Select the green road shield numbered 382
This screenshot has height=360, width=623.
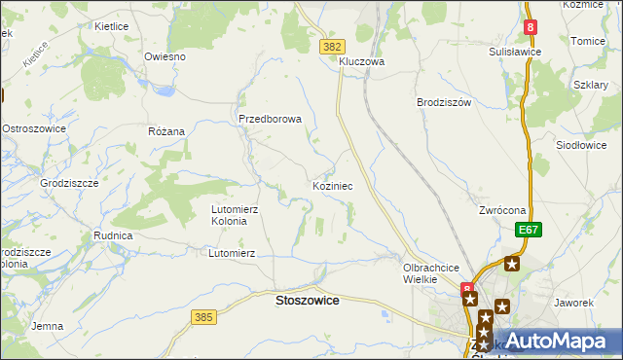click(x=331, y=46)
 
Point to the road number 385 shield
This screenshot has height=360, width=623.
click(x=202, y=317)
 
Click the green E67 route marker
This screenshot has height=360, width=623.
click(x=528, y=230)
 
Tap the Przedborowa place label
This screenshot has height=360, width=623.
click(x=271, y=120)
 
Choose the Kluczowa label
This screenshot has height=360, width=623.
click(x=362, y=61)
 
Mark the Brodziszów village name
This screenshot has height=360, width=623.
click(x=444, y=102)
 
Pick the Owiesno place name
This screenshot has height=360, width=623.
click(x=165, y=56)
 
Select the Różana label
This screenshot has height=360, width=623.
click(x=165, y=131)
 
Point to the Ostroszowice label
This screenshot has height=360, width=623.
click(x=34, y=128)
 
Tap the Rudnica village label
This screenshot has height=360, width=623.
click(x=113, y=235)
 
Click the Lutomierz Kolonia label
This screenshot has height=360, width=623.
click(x=236, y=215)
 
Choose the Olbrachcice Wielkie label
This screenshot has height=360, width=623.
click(x=430, y=272)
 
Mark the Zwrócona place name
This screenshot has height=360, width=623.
click(x=502, y=210)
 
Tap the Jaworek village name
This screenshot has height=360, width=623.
click(x=573, y=303)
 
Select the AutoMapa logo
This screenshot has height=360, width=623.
click(x=550, y=342)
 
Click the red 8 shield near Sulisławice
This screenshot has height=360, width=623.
click(x=531, y=29)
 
